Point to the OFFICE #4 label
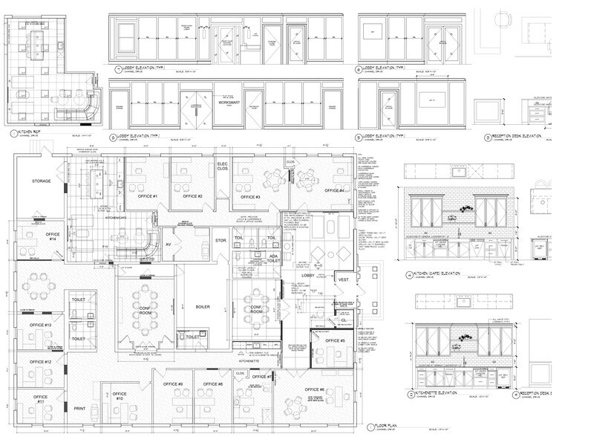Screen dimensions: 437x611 pyautogui.click(x=335, y=191)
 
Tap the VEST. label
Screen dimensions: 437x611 pyautogui.click(x=344, y=280)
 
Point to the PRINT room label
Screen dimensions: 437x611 pyautogui.click(x=81, y=408)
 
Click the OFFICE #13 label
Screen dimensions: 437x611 pyautogui.click(x=40, y=326)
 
